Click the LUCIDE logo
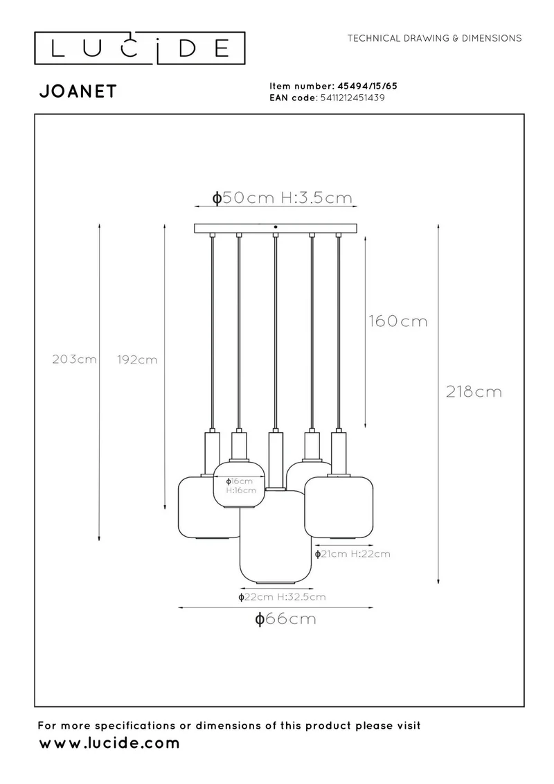(x=139, y=48)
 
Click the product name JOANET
(x=78, y=91)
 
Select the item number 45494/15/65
(x=368, y=86)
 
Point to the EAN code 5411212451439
(x=352, y=98)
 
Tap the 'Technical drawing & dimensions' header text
(x=434, y=38)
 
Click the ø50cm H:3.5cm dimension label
(x=283, y=197)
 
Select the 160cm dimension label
(x=398, y=321)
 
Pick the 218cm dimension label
(x=474, y=391)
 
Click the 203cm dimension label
(x=75, y=359)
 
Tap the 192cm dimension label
(x=137, y=359)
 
